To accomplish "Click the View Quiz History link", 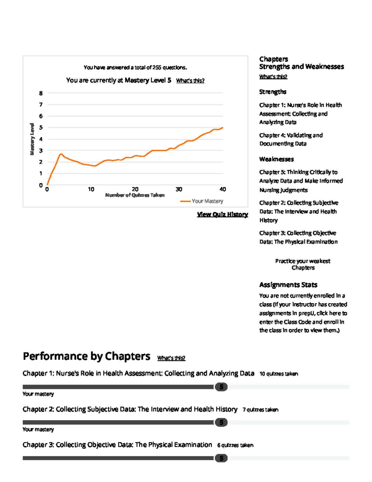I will coord(222,214).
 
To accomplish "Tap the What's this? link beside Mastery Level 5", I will coord(190,81).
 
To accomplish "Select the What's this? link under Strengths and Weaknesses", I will coord(273,77).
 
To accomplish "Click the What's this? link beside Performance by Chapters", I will coord(171,358).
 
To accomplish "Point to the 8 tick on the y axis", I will coord(41,93).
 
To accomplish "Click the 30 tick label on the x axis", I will coord(179,189).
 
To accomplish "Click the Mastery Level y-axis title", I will coord(32,139).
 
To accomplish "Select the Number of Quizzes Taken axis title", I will coord(135,195).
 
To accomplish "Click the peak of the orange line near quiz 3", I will coord(61,154).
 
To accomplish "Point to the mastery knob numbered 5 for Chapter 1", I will coord(221,387).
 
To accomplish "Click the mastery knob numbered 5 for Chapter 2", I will coord(221,422).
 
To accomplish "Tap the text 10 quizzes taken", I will coord(279,374).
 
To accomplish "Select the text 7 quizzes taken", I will coord(260,410).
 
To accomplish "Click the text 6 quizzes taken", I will coord(235,445).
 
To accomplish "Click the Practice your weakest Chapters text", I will coord(303,264).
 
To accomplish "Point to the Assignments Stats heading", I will coord(288,285).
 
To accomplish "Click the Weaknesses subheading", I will coord(277,159).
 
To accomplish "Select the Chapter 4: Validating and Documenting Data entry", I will coord(291,139).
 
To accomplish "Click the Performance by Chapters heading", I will coord(86,356).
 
